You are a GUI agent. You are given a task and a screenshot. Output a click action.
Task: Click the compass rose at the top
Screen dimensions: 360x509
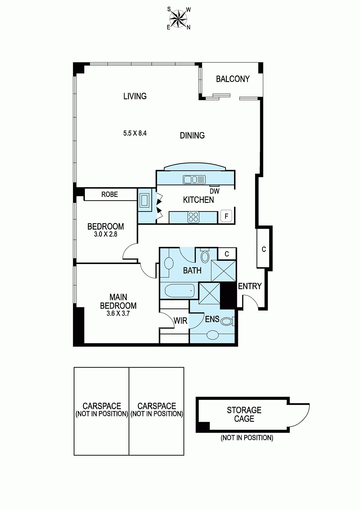(x=179, y=19)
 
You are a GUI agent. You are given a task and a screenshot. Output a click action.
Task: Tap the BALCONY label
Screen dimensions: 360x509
(x=232, y=79)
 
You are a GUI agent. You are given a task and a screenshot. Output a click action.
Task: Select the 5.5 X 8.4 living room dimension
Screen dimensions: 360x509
(x=135, y=133)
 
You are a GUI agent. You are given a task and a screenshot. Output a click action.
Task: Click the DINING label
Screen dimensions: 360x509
(x=192, y=136)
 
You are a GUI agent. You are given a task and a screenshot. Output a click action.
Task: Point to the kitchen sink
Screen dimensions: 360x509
(x=194, y=179)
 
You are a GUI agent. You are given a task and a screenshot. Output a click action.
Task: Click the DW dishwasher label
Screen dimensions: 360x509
(x=214, y=191)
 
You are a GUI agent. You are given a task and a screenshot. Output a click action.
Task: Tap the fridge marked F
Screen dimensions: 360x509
(x=226, y=216)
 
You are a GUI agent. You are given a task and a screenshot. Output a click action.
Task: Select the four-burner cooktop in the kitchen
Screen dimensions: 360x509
(x=193, y=217)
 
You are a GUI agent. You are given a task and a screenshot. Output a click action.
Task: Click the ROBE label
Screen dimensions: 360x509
(x=109, y=194)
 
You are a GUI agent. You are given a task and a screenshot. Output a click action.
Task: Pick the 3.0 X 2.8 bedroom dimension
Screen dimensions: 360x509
(x=106, y=234)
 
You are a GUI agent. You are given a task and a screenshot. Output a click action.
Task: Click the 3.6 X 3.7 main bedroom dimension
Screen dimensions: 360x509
(x=118, y=313)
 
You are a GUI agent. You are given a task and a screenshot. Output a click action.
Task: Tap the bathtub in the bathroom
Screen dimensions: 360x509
(x=179, y=291)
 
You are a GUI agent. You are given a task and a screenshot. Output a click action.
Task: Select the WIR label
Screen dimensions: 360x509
(x=181, y=321)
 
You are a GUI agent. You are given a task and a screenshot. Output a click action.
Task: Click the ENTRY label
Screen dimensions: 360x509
(x=250, y=286)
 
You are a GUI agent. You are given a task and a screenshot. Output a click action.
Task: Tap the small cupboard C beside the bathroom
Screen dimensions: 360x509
(x=227, y=254)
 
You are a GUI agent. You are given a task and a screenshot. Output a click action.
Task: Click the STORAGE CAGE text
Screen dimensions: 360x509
(x=244, y=415)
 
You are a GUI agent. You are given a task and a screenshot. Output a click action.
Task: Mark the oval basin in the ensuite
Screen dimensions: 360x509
(x=212, y=335)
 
